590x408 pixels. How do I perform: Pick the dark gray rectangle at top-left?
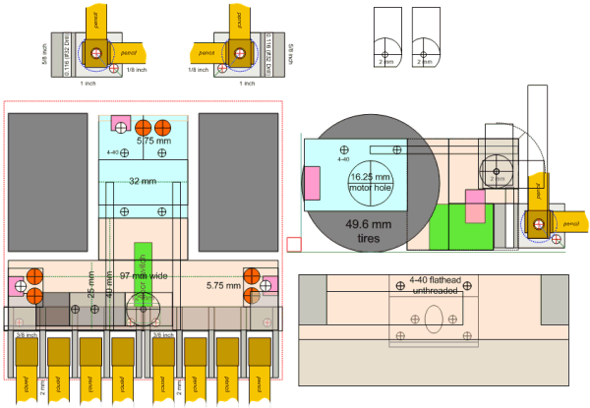(47, 182)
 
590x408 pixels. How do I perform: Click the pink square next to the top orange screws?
(121, 125)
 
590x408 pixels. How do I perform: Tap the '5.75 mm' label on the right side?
(225, 286)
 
